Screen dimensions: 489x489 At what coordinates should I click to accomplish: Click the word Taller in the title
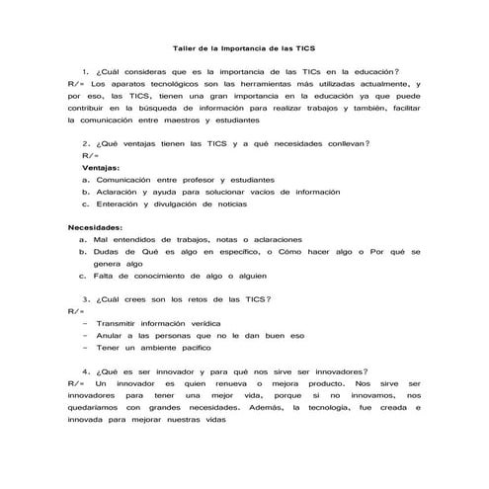[185, 46]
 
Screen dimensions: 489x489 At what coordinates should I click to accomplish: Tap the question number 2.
[87, 144]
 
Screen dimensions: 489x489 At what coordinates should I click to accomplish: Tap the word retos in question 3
[204, 298]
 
